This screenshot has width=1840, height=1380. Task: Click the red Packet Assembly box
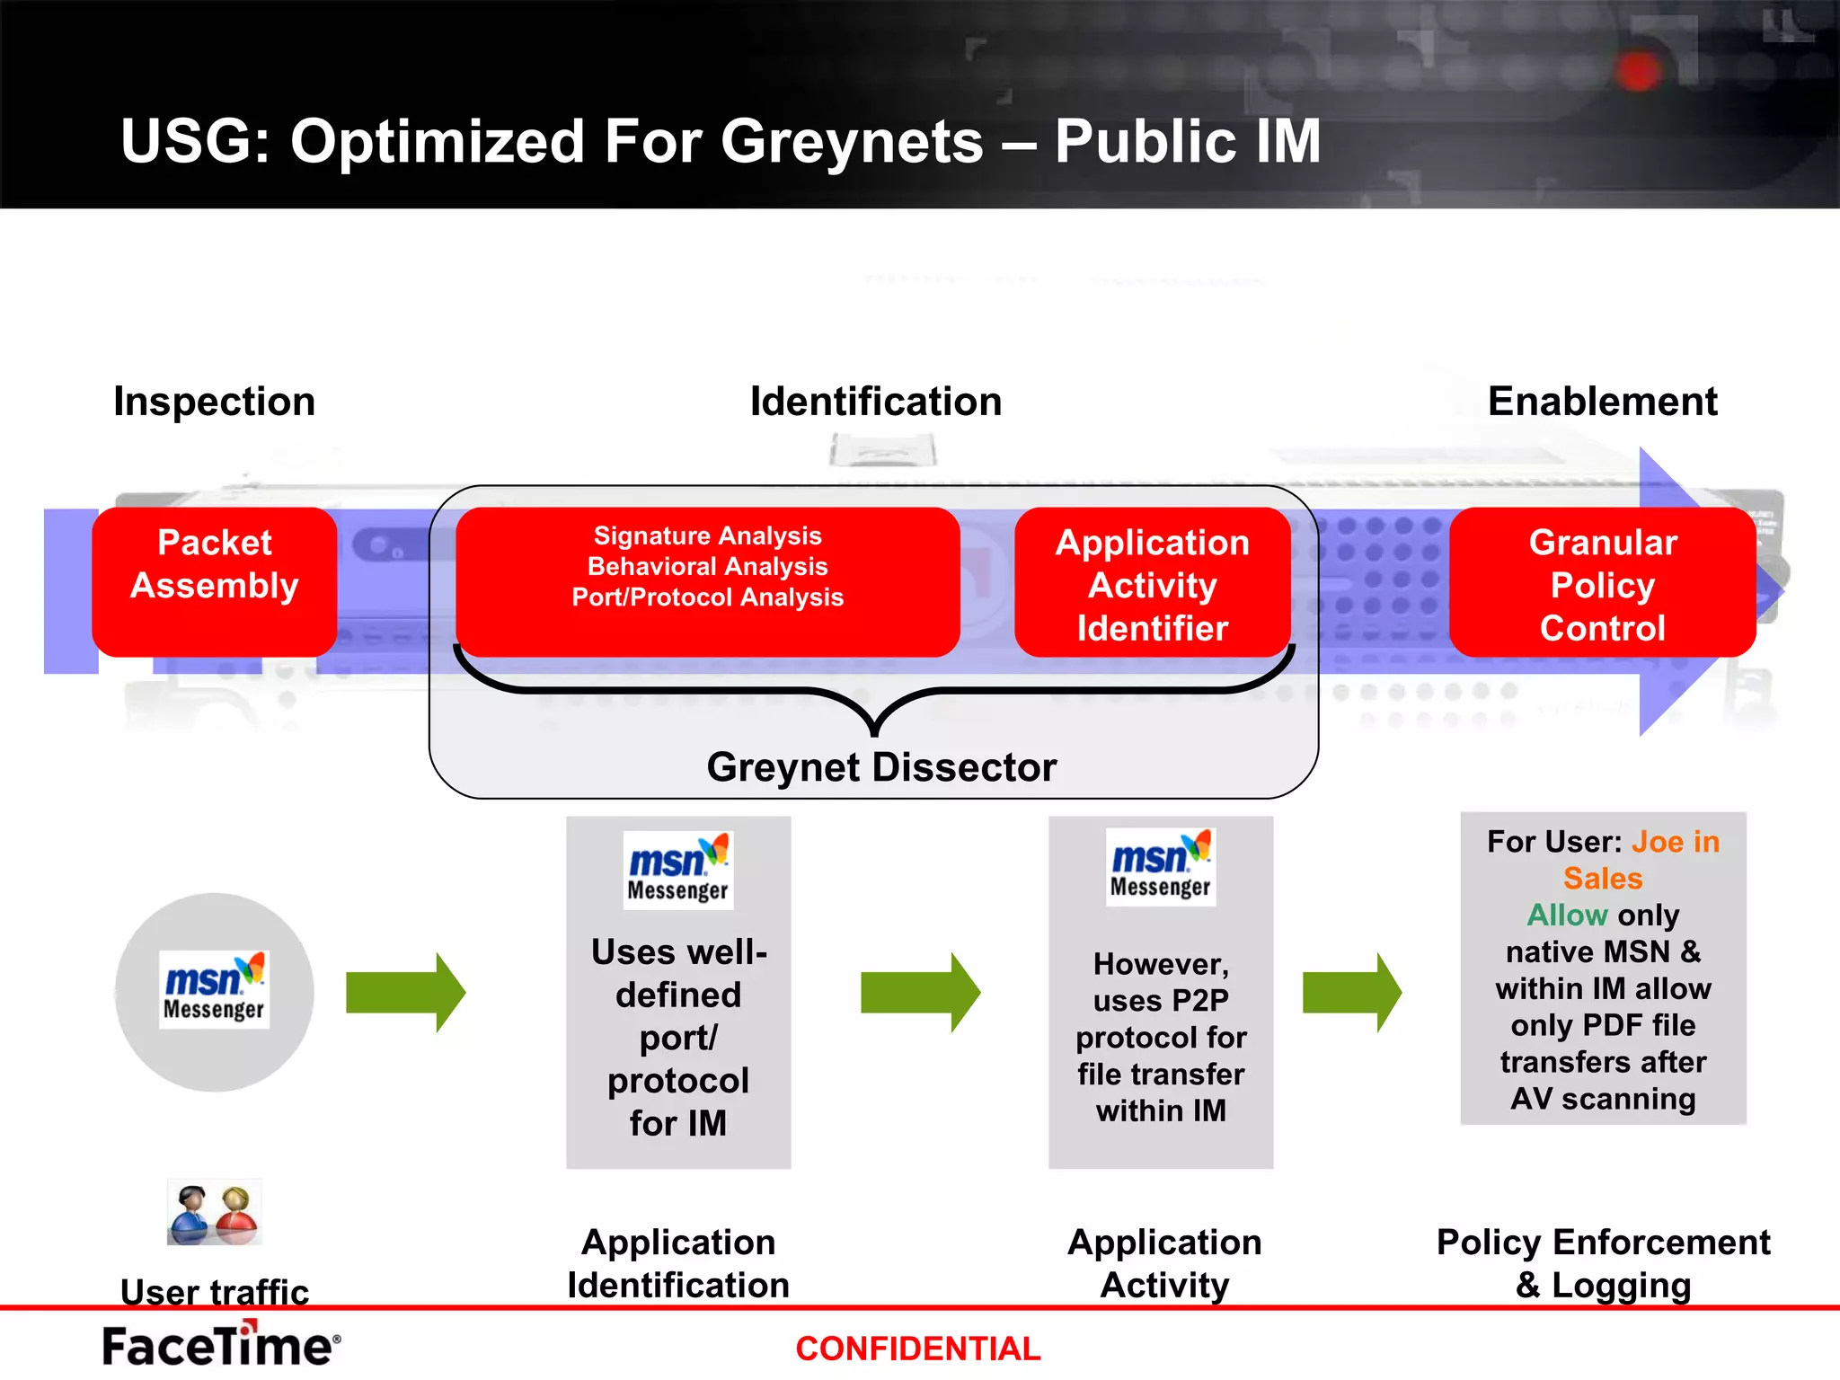click(x=214, y=581)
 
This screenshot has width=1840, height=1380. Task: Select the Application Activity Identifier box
click(x=1152, y=584)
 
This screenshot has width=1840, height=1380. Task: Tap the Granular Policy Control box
click(x=1602, y=584)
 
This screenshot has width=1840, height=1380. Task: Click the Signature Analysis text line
click(x=707, y=536)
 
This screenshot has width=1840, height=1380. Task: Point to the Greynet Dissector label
click(x=881, y=767)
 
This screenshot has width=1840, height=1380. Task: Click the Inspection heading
click(x=214, y=402)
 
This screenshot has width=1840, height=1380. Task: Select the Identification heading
click(x=875, y=402)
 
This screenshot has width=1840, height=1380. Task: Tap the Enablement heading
click(x=1602, y=402)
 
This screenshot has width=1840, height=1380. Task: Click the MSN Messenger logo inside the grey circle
click(x=214, y=989)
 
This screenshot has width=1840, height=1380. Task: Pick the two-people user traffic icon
click(x=214, y=1213)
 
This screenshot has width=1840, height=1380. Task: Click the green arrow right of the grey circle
click(x=405, y=992)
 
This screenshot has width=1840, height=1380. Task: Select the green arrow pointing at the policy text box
click(x=1351, y=992)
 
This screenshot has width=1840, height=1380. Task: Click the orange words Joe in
click(x=1675, y=842)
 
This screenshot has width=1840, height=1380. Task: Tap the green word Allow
click(x=1567, y=916)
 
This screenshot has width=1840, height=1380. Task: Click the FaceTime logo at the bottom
click(x=221, y=1345)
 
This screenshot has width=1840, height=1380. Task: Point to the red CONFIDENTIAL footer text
click(x=917, y=1349)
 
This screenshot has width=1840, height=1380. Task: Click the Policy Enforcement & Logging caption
click(x=1603, y=1263)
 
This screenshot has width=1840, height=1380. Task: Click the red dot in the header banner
click(x=1639, y=71)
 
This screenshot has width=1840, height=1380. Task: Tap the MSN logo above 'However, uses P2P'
click(x=1160, y=867)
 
